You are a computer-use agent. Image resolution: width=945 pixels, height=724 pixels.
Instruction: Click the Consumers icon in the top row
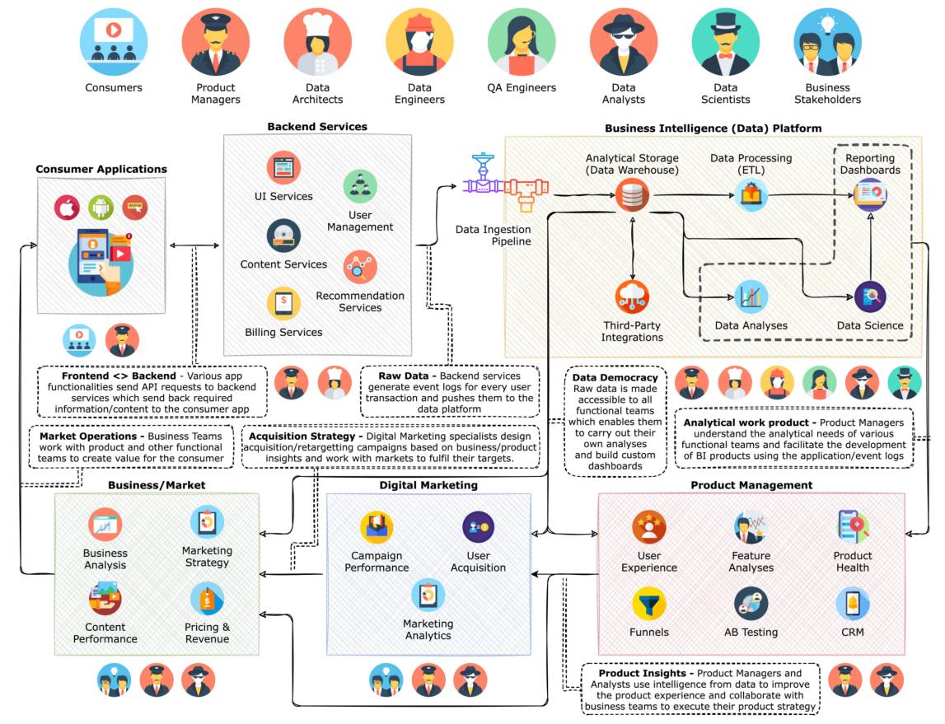click(114, 41)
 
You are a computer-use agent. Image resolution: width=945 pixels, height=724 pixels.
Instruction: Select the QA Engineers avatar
click(522, 41)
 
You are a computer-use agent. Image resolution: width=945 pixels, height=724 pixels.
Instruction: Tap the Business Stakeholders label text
click(827, 93)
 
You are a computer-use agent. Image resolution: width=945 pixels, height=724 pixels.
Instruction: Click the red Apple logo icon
click(67, 208)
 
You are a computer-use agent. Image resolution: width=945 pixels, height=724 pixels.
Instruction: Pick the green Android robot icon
click(101, 208)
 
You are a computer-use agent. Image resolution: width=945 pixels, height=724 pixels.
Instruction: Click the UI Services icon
click(283, 167)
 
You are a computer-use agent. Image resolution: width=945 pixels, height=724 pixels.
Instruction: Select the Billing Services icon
click(283, 303)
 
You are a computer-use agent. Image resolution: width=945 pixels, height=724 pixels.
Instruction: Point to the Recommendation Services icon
click(360, 267)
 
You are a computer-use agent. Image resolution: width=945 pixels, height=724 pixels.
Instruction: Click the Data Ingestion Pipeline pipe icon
click(505, 183)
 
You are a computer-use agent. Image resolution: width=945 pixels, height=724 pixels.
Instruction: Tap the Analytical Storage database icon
click(632, 195)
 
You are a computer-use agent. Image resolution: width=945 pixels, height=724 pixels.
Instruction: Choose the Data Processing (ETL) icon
click(751, 194)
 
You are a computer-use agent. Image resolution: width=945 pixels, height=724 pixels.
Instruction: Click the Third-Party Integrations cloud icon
click(632, 297)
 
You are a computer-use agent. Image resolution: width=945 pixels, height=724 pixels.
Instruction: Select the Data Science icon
click(870, 297)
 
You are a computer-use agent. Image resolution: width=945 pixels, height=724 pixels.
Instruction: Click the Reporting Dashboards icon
click(870, 194)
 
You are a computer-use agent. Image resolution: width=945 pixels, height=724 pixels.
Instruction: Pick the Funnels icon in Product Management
click(649, 604)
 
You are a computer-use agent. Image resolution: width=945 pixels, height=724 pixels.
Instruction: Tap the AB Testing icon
click(751, 604)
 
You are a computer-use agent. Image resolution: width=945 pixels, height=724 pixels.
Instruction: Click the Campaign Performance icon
click(377, 527)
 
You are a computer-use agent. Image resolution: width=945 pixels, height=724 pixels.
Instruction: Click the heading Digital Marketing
click(428, 485)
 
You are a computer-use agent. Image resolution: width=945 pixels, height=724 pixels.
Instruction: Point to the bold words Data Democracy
click(615, 378)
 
